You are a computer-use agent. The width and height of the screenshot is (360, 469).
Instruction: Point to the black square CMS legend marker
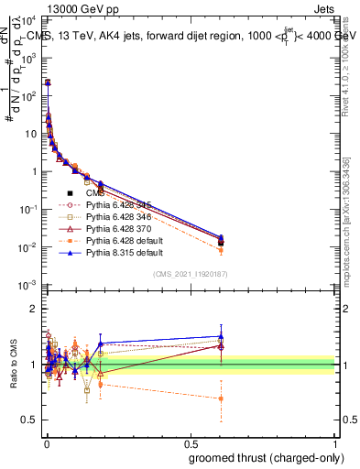(x=70, y=193)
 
